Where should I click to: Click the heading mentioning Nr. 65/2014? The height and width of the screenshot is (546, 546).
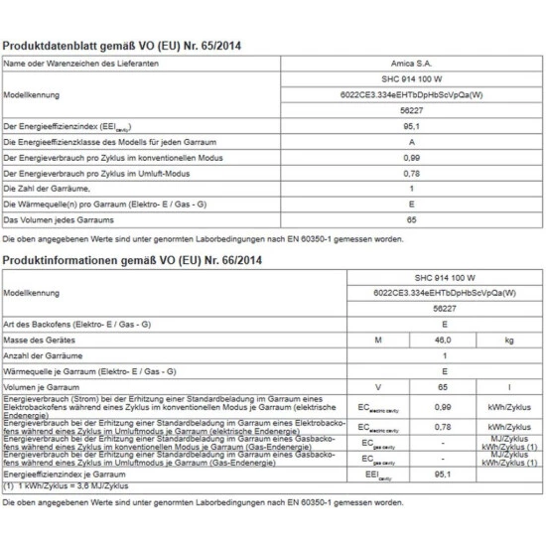click(x=122, y=46)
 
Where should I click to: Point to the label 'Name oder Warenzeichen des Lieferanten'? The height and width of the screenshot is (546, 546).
click(x=77, y=64)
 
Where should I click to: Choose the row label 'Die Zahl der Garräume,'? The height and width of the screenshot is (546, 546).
click(x=49, y=188)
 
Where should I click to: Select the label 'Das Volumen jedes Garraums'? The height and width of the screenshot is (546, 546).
click(x=59, y=218)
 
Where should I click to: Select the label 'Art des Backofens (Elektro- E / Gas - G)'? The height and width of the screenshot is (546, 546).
click(x=77, y=324)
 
